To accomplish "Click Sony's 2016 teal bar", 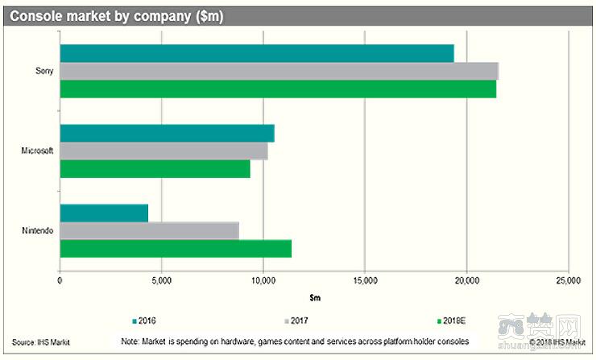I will pos(257,53).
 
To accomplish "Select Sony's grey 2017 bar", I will pos(279,71).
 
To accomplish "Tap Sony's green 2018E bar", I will pos(278,89).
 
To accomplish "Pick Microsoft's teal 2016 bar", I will pos(167,134).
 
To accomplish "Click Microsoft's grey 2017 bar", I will pos(163,151).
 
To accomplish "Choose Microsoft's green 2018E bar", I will pos(155,169).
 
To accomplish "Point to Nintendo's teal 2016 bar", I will pos(104,213).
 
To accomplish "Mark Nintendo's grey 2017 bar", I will pos(149,231).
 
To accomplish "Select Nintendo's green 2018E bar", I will pos(176,249).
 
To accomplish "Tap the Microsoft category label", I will pos(35,151).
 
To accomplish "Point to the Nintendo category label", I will pos(37,231).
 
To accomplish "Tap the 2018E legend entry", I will pos(452,321).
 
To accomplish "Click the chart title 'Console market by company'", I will pos(116,15).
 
